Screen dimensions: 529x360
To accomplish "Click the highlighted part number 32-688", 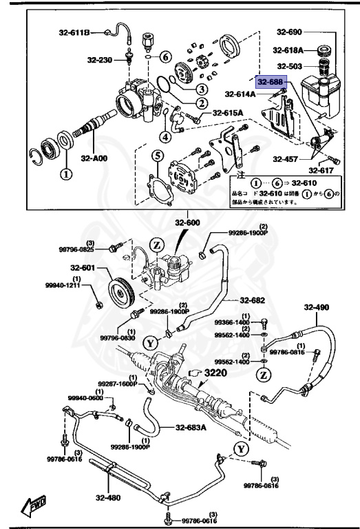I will point(270,81).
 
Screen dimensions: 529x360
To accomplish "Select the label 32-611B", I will point(74,32).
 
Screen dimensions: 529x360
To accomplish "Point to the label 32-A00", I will point(94,158).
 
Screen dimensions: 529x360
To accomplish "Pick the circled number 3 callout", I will point(201,89).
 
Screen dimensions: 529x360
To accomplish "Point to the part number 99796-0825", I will point(87,250).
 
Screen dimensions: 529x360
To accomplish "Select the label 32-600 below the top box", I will point(187,222).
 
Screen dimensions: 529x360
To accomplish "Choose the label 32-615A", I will point(228,114).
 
